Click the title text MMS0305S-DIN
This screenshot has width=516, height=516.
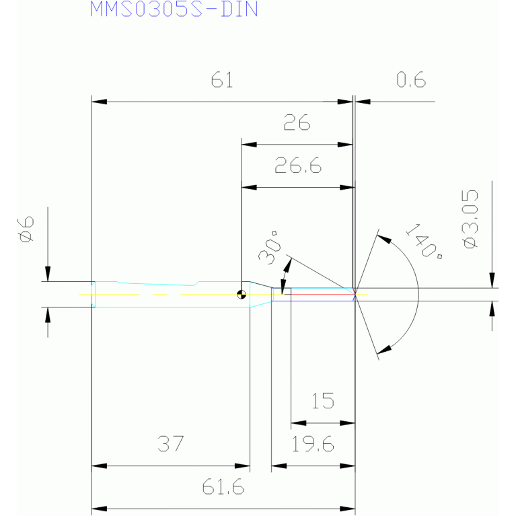pyautogui.click(x=174, y=9)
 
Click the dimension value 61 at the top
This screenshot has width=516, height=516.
pyautogui.click(x=222, y=79)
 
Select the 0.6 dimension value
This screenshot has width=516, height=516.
pyautogui.click(x=411, y=79)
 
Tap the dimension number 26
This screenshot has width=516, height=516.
pyautogui.click(x=297, y=122)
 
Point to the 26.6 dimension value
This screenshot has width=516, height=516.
pyautogui.click(x=298, y=165)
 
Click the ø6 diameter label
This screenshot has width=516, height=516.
pyautogui.click(x=26, y=229)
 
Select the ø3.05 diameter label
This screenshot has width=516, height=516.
pyautogui.click(x=470, y=219)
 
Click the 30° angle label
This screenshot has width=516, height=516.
pyautogui.click(x=270, y=248)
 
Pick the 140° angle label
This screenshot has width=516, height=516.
pyautogui.click(x=424, y=241)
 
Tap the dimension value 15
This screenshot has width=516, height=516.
pyautogui.click(x=322, y=401)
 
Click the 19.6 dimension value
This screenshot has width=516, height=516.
pyautogui.click(x=313, y=443)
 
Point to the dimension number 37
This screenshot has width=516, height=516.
pyautogui.click(x=170, y=443)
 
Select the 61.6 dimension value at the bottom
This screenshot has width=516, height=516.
pyautogui.click(x=223, y=486)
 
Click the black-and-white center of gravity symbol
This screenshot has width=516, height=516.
pyautogui.click(x=242, y=295)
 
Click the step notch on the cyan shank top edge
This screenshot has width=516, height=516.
pyautogui.click(x=197, y=283)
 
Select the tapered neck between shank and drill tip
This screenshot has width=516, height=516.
pyautogui.click(x=260, y=295)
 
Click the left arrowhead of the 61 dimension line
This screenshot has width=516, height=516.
pyautogui.click(x=99, y=102)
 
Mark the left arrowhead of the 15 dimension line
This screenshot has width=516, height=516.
pyautogui.click(x=299, y=423)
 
